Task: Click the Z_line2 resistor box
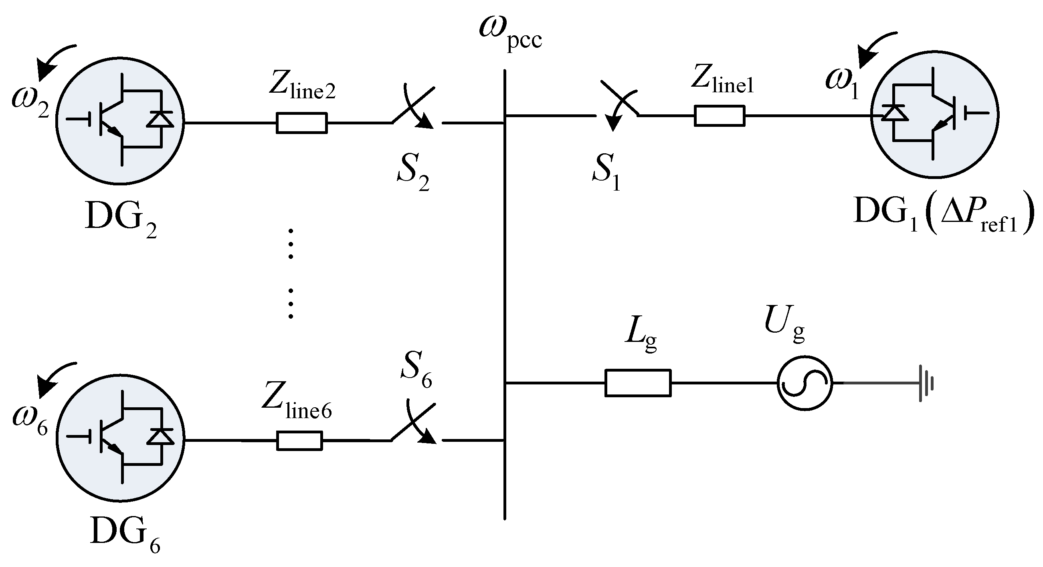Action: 302,123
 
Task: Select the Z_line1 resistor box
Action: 720,116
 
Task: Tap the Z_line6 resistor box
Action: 299,441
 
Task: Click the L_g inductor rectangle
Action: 638,382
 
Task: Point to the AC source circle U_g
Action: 804,383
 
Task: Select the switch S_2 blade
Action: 413,105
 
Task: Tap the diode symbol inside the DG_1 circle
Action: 895,113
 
